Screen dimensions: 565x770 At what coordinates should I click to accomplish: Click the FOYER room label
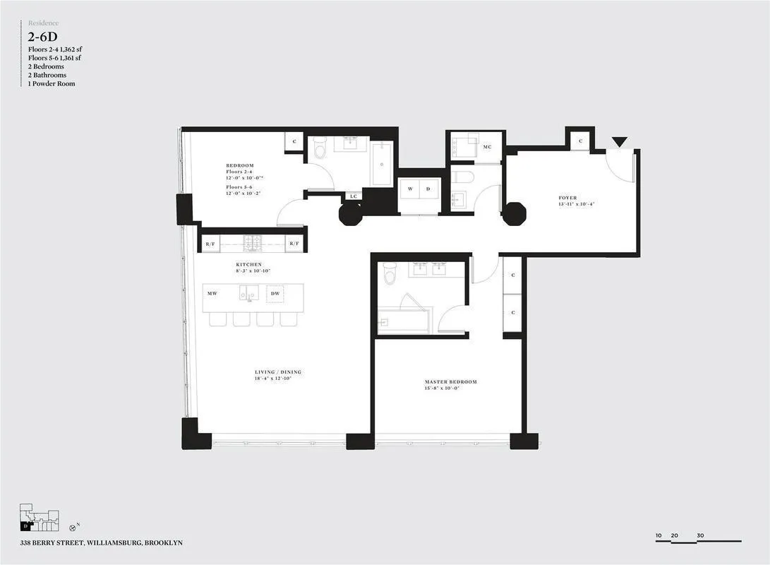click(x=567, y=198)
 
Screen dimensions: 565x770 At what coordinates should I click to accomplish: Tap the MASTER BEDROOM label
click(x=450, y=382)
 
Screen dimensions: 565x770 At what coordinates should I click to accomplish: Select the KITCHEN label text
click(x=248, y=265)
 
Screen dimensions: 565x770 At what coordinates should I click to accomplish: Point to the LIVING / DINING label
click(x=278, y=372)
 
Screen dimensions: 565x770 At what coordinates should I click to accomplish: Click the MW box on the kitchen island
click(x=212, y=293)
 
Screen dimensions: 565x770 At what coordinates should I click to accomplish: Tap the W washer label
click(x=409, y=189)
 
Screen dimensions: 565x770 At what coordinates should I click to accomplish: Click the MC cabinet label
click(x=487, y=147)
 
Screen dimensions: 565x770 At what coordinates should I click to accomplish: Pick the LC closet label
click(x=353, y=197)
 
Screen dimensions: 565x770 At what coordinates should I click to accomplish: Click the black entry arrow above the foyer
click(x=619, y=143)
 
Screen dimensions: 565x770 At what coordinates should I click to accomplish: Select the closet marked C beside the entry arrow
click(x=580, y=141)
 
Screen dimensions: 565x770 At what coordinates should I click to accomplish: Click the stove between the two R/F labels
click(x=253, y=244)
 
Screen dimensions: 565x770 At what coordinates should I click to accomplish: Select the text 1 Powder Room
click(x=52, y=84)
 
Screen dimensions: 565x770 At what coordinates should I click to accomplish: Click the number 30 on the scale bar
click(x=700, y=536)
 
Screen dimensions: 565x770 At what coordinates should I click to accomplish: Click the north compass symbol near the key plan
click(x=73, y=528)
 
